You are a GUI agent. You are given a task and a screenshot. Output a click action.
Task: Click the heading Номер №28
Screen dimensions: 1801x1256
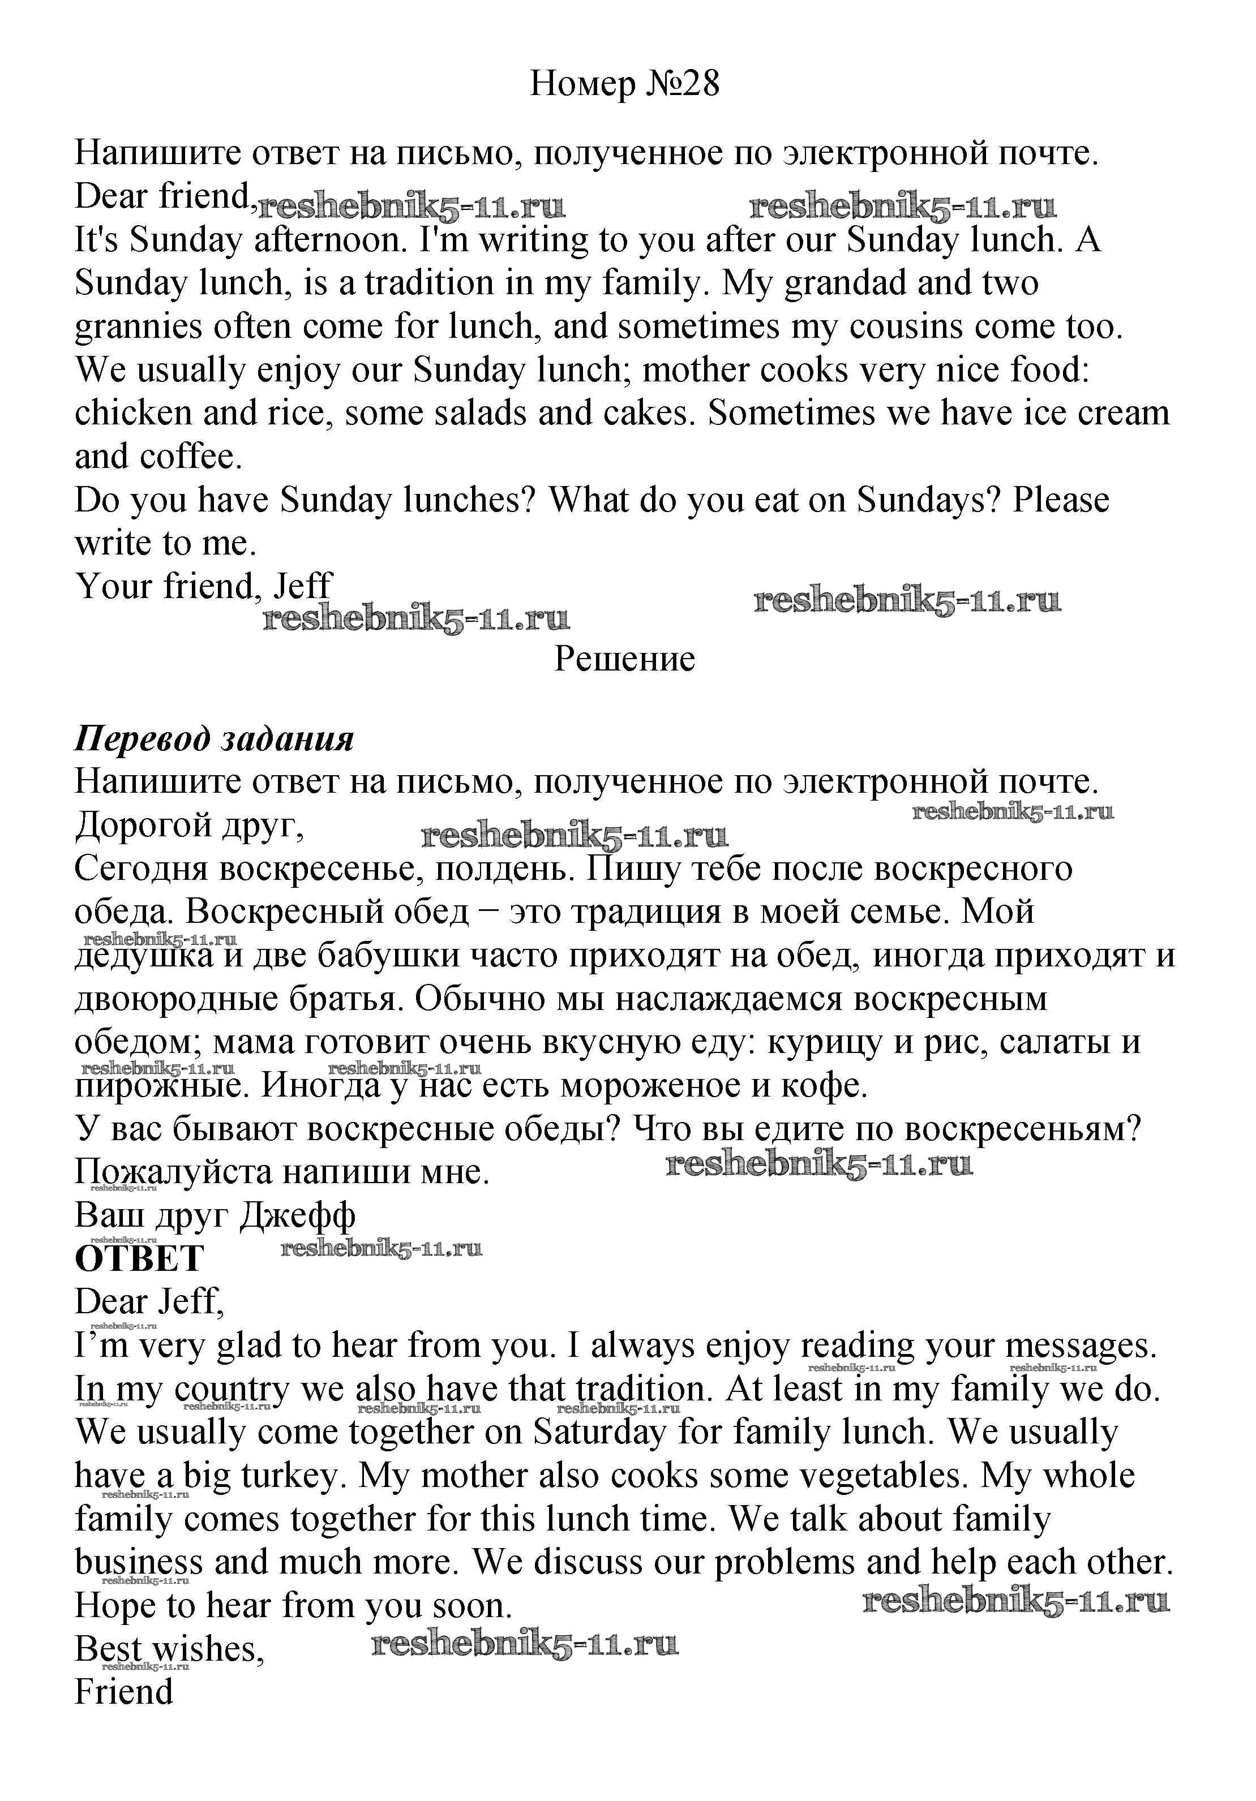pos(624,83)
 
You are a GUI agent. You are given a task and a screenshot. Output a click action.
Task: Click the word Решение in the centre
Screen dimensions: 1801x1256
pos(624,659)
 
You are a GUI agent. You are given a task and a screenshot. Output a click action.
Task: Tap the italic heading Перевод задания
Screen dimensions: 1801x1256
pos(214,739)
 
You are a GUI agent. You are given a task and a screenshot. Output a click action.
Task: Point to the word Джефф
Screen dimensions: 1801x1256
pos(297,1215)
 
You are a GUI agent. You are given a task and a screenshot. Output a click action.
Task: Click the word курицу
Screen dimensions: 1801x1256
pos(826,1042)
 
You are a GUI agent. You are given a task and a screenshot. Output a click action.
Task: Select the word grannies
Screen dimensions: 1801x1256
pos(138,327)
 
